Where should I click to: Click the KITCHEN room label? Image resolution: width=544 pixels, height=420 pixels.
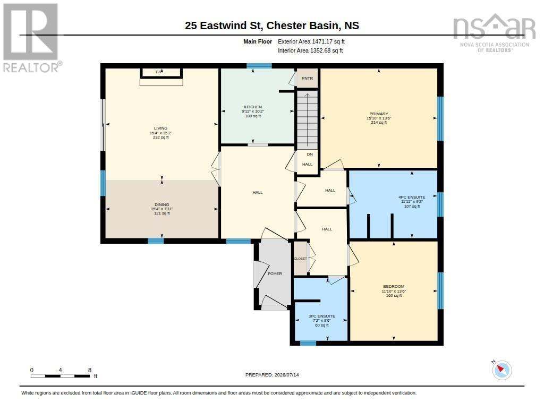click(253, 107)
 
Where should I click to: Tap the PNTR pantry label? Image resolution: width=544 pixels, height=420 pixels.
click(307, 79)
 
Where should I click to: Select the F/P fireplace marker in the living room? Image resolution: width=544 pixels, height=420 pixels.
click(159, 72)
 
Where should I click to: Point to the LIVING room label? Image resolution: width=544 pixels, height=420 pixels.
click(160, 128)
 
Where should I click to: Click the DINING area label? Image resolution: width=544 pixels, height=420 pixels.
click(161, 204)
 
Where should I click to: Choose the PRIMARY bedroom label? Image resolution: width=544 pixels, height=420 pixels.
click(378, 114)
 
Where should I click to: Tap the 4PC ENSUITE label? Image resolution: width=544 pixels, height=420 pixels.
click(412, 197)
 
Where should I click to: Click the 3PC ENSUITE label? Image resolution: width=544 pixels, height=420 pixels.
click(321, 316)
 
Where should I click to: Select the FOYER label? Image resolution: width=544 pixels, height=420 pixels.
click(275, 273)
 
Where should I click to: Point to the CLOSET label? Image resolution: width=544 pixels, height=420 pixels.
click(301, 259)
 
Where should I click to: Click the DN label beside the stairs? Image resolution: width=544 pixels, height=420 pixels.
click(310, 155)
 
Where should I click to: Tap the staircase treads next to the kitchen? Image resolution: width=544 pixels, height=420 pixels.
click(308, 120)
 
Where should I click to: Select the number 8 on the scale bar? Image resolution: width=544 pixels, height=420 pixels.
click(90, 370)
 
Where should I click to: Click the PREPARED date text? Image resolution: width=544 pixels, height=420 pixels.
click(272, 374)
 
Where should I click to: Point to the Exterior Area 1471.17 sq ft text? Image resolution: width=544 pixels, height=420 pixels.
click(311, 41)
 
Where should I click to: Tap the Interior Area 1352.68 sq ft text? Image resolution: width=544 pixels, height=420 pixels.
click(310, 50)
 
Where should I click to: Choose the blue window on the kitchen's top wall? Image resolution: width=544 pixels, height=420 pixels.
click(259, 65)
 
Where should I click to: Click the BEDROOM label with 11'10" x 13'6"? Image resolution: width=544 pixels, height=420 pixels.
click(394, 287)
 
